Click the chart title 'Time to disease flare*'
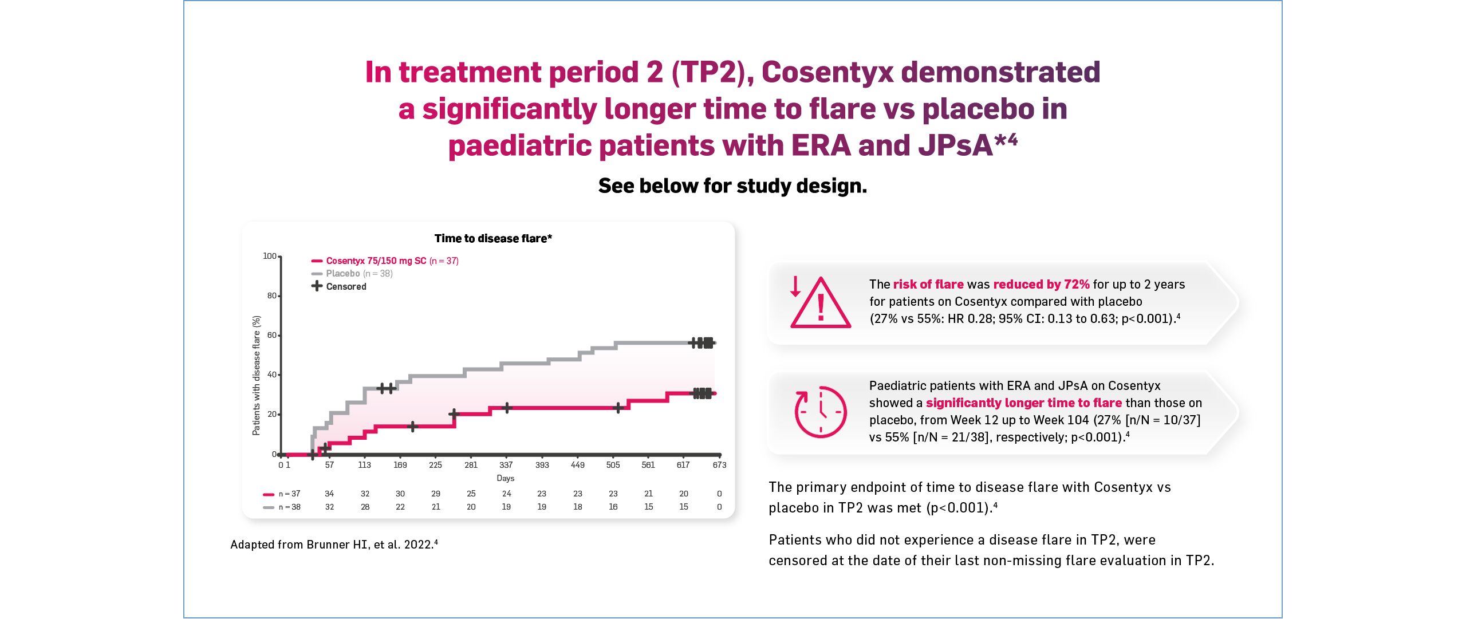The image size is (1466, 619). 493,238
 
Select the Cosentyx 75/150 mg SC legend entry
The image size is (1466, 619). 385,261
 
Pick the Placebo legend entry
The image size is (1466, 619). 352,274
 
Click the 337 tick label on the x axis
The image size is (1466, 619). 506,465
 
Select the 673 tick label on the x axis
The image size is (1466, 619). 719,465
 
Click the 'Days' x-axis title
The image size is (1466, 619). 505,478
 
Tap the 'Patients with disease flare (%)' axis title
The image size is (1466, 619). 256,376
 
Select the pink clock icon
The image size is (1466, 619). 820,412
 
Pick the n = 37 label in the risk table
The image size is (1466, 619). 289,494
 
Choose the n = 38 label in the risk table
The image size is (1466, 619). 289,507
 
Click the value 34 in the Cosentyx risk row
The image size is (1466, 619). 329,494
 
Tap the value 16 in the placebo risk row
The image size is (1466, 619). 613,507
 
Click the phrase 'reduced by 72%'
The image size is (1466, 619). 1041,285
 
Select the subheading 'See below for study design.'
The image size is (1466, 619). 732,186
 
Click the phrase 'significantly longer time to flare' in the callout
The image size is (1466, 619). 1023,403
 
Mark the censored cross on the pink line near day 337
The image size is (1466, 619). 507,408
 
